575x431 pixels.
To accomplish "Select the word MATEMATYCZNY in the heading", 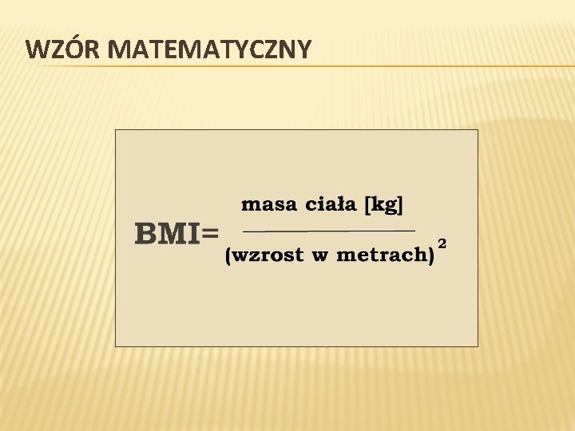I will (x=208, y=49).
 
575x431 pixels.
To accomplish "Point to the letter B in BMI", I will (x=146, y=234).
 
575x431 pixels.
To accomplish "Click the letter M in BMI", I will (x=172, y=234).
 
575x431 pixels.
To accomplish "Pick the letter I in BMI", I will (x=192, y=234).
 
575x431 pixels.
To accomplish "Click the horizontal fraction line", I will (x=328, y=231).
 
